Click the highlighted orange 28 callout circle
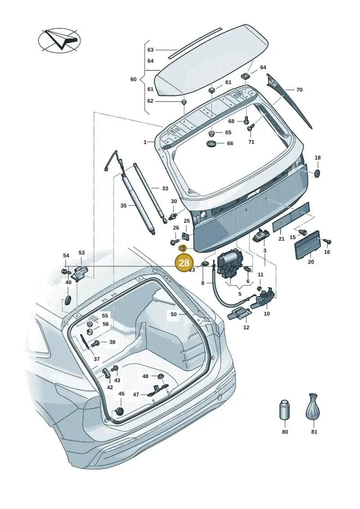pos(184,262)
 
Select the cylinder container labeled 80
pos(284,410)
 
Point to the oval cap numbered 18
pos(318,173)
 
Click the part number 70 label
pos(299,89)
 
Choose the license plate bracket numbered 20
pos(307,245)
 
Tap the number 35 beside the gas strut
pos(123,206)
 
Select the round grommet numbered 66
pos(211,144)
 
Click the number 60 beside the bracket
pos(133,79)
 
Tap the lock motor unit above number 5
pos(230,265)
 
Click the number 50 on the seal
pos(174,314)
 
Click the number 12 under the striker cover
pos(247,327)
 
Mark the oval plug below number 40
pos(68,300)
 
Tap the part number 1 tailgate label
pos(145,142)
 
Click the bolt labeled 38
pos(95,343)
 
